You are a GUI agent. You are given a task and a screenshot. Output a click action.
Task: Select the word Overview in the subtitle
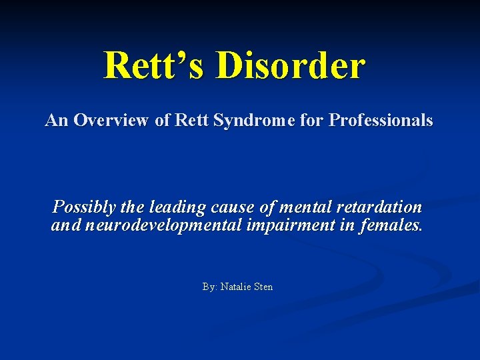click(x=107, y=121)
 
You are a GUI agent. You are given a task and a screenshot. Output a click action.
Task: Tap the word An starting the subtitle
click(x=57, y=121)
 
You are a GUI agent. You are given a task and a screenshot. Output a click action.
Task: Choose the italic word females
click(x=390, y=225)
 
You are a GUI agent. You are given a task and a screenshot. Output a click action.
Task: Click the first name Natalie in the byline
click(x=237, y=287)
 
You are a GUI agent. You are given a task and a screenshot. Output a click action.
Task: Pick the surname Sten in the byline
click(x=263, y=287)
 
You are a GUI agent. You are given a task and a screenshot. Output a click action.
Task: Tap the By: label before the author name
click(x=210, y=287)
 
